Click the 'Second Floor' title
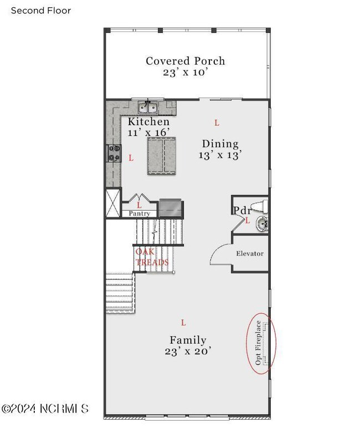click(x=41, y=11)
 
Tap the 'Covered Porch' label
click(x=186, y=61)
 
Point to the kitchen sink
click(x=147, y=107)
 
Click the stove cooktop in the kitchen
click(x=114, y=153)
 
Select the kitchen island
click(x=162, y=156)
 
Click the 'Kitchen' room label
click(x=148, y=121)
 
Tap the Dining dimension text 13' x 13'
click(x=220, y=155)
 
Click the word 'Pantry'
click(x=140, y=213)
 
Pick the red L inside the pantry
click(x=140, y=205)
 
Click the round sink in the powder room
click(x=262, y=223)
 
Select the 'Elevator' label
click(x=250, y=253)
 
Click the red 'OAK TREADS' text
click(x=152, y=257)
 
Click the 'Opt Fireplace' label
click(x=258, y=343)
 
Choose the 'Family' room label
click(x=188, y=340)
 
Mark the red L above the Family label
click(x=183, y=323)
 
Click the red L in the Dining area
click(x=217, y=123)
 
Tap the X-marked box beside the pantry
click(x=112, y=203)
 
